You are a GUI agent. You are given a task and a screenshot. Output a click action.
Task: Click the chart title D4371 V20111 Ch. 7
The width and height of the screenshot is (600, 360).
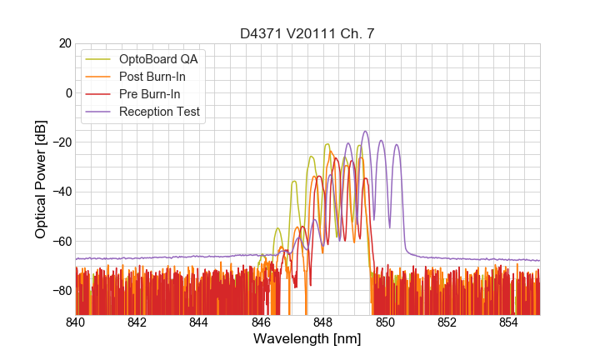307,33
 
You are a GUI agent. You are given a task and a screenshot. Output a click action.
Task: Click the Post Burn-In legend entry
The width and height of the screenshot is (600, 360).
158,77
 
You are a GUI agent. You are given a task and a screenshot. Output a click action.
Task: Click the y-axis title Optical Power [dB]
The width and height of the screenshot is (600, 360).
41,179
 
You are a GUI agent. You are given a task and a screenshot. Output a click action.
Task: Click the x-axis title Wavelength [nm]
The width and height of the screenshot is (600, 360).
307,339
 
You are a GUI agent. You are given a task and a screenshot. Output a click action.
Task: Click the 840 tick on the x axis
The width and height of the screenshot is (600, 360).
76,322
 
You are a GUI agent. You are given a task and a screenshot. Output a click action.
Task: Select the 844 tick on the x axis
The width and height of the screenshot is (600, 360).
199,322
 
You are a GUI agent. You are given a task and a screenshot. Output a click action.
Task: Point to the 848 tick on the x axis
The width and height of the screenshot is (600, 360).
323,322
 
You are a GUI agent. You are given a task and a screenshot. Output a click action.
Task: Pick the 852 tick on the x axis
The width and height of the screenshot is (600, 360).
447,322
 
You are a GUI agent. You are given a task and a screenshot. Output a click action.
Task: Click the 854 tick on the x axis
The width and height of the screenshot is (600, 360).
508,322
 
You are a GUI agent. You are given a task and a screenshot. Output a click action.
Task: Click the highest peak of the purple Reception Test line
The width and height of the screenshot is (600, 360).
365,131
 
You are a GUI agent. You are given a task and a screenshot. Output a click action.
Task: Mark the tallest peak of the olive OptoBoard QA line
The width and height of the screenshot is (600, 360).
327,144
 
